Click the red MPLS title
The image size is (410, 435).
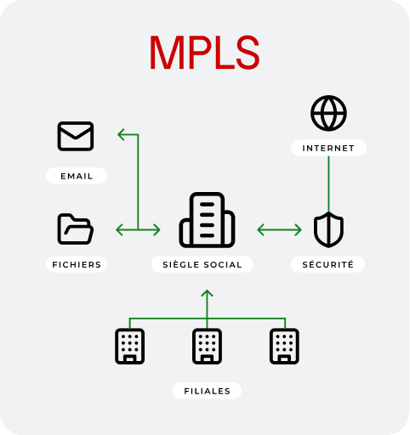(204, 53)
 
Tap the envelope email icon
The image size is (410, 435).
(76, 136)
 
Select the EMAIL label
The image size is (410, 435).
(77, 176)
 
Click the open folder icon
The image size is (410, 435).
(76, 229)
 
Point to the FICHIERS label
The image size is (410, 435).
(77, 264)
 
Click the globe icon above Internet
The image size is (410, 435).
(328, 113)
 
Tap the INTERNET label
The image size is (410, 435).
(328, 148)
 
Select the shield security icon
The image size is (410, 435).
(328, 229)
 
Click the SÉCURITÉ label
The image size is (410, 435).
(328, 264)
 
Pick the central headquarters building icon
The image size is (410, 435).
(207, 220)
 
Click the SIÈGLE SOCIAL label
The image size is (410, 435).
(202, 264)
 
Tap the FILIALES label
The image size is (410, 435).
(207, 391)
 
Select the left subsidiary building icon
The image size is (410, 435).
(130, 346)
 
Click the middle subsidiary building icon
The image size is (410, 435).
(207, 346)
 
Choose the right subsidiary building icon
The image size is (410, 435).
(284, 346)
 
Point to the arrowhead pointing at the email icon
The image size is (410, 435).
(121, 134)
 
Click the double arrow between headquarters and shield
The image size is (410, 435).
(279, 229)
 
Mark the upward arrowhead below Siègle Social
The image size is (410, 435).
(207, 293)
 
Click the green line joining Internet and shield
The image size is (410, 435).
(328, 184)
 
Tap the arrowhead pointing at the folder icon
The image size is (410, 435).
(119, 229)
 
